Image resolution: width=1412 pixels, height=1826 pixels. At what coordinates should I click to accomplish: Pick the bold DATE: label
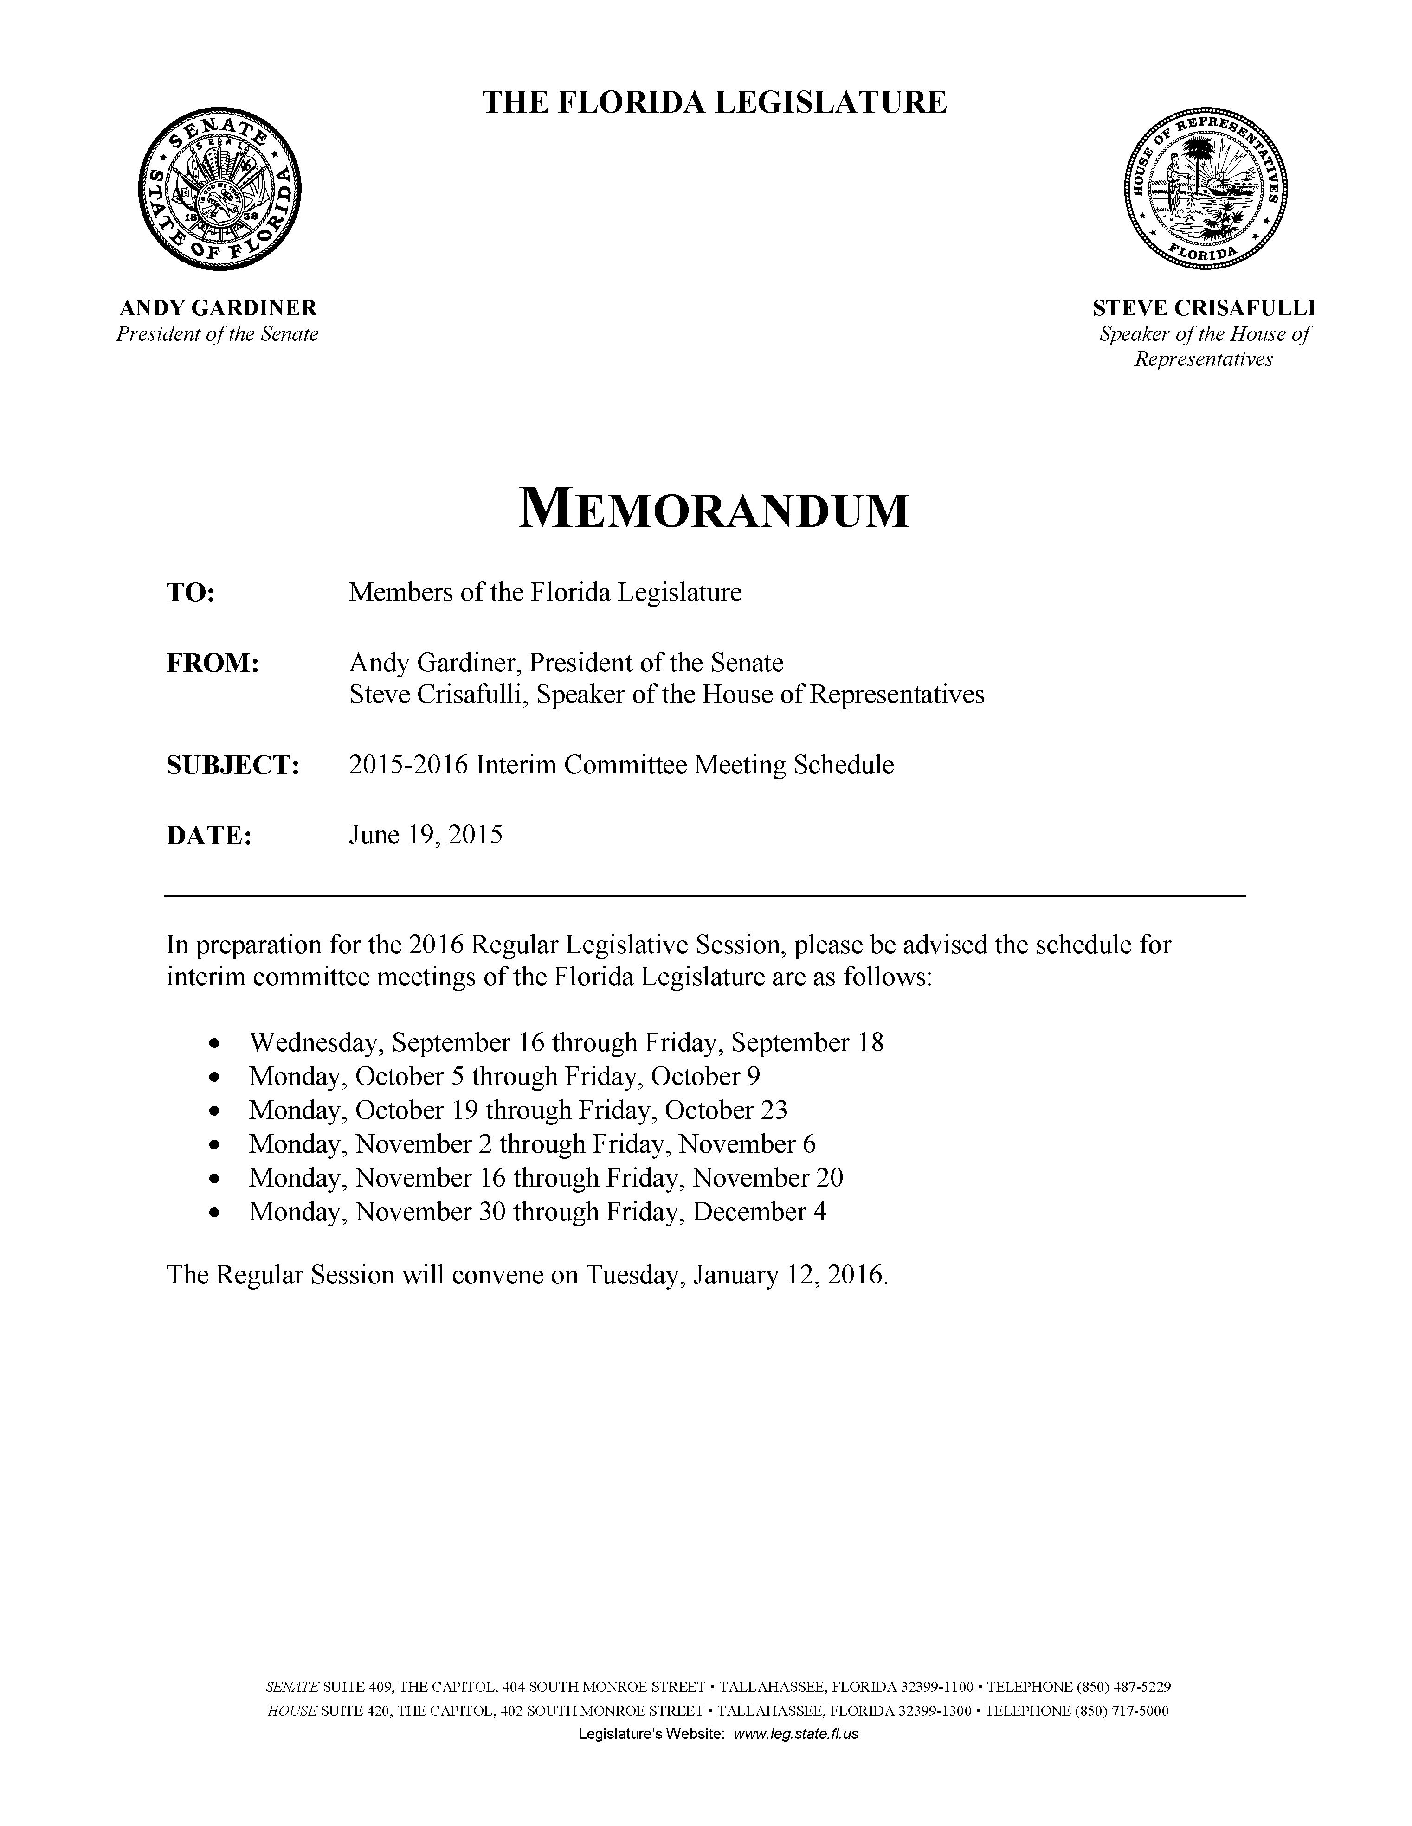[209, 835]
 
